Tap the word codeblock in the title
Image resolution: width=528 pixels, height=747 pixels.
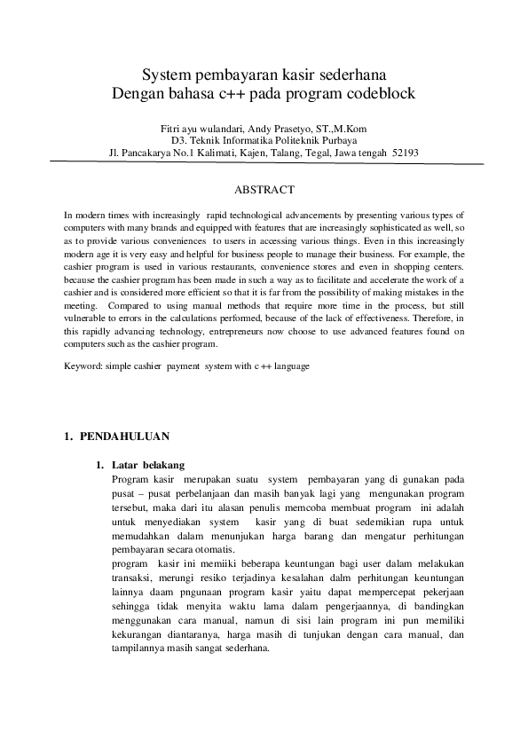(381, 92)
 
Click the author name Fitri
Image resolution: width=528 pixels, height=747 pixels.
(172, 128)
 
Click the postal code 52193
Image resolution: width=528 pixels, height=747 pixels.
(406, 153)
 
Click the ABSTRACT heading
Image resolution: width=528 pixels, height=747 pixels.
(264, 190)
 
